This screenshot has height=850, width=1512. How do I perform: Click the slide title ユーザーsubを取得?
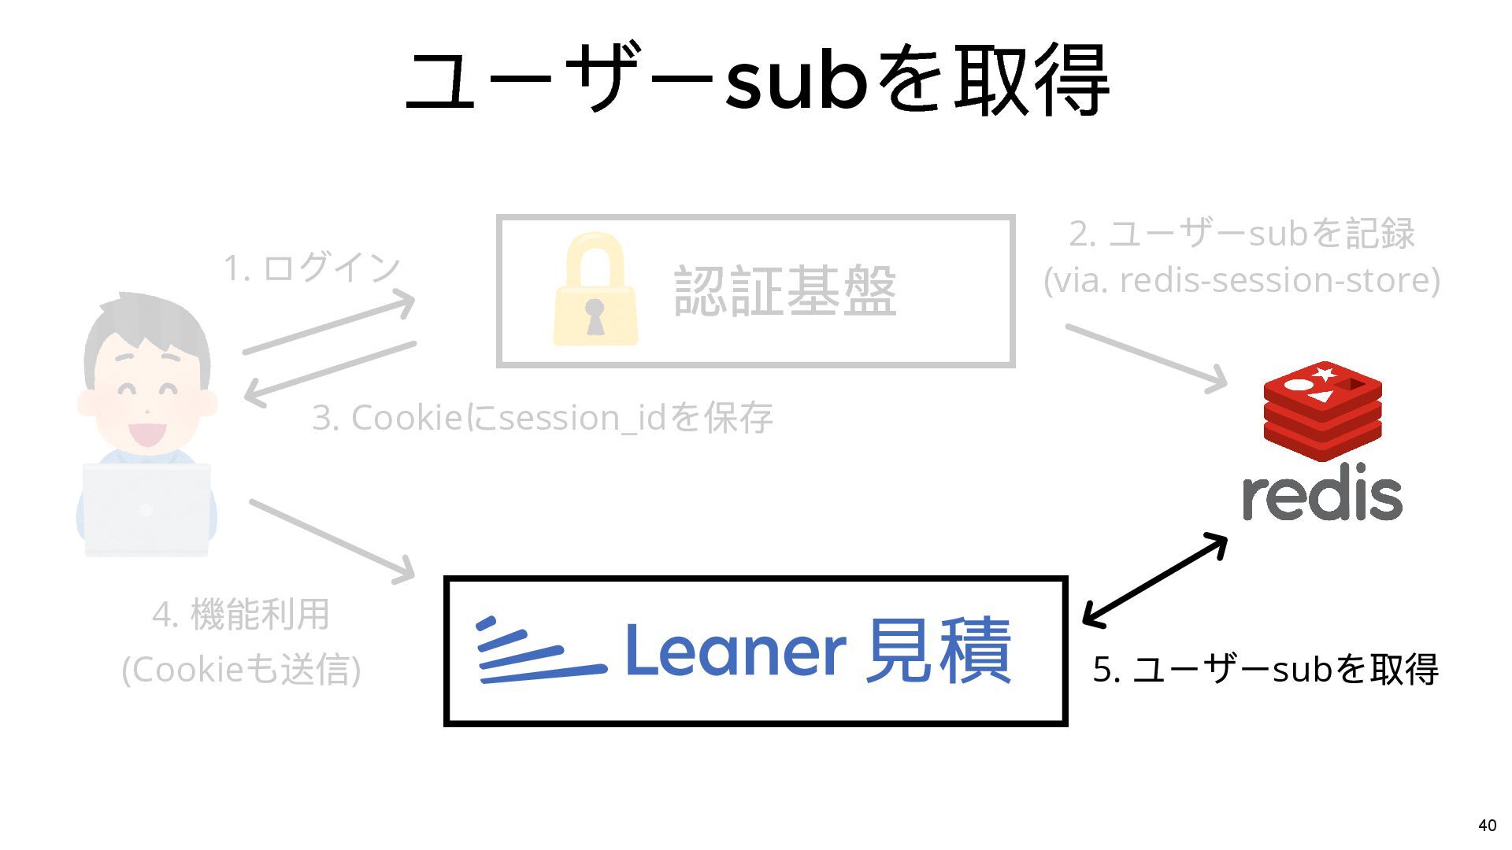756,80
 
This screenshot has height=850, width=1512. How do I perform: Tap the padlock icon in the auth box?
595,290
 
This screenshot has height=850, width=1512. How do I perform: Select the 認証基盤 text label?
785,291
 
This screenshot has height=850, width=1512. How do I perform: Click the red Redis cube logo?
1322,410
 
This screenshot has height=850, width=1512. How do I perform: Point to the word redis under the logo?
1322,496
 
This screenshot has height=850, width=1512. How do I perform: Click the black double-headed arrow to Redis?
1154,581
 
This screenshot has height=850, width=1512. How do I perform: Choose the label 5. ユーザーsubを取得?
1265,669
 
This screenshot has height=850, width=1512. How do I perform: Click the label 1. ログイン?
312,268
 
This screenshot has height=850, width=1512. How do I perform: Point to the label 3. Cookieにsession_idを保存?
542,417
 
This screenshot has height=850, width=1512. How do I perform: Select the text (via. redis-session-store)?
1241,280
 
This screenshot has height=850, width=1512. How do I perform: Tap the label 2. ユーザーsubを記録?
1241,233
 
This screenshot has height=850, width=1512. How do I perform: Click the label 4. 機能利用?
241,614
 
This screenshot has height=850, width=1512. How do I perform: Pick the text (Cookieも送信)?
241,669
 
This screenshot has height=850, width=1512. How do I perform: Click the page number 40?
1487,825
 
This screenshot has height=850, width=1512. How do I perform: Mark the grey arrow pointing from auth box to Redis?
1147,357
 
